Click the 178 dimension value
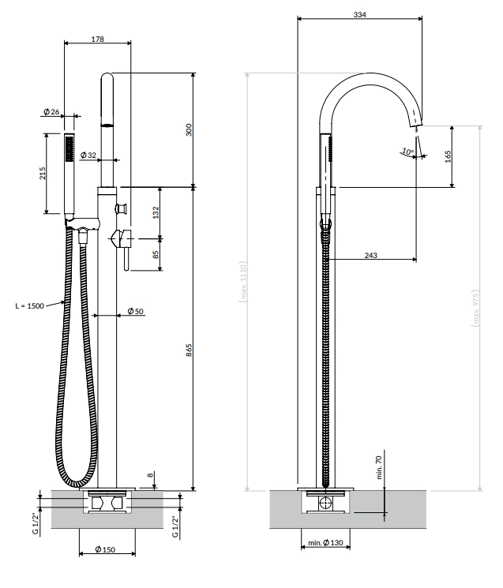(98, 39)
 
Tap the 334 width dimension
(359, 15)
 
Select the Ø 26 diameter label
(51, 111)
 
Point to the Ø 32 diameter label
(88, 155)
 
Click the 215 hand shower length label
(43, 174)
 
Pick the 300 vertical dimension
(189, 129)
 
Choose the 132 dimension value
(156, 212)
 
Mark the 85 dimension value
(156, 254)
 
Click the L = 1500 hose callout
(30, 306)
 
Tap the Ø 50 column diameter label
(135, 311)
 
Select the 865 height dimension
(189, 350)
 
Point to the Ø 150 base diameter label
(105, 549)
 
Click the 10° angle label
(407, 152)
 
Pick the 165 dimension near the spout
(448, 156)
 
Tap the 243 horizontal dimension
(370, 256)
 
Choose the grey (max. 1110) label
(243, 283)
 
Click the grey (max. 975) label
(475, 309)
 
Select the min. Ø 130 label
(325, 543)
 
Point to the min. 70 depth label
(378, 467)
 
